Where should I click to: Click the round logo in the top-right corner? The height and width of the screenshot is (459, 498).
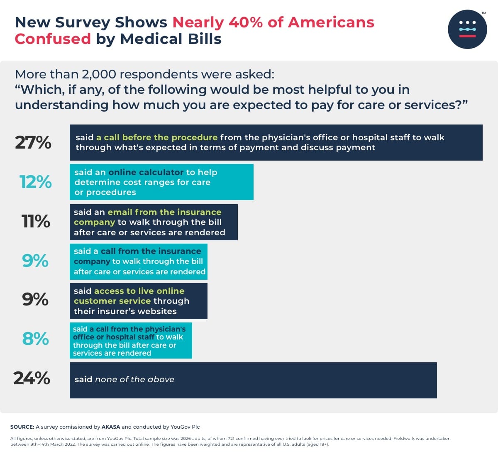(x=467, y=29)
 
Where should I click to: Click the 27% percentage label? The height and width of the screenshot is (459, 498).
(x=33, y=143)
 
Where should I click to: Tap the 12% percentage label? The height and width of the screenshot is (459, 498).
(x=36, y=182)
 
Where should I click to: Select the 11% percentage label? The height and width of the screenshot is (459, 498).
(x=36, y=222)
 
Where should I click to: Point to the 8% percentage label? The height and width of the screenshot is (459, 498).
(x=35, y=339)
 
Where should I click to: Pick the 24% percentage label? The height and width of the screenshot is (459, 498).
(x=32, y=378)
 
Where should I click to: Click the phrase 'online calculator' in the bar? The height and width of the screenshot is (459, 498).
(x=146, y=172)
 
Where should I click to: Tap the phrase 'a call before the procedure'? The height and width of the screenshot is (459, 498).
(x=157, y=137)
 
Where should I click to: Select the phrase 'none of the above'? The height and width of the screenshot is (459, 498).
(x=134, y=379)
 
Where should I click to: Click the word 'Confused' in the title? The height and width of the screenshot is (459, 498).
(x=53, y=39)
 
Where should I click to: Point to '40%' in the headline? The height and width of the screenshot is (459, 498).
(x=245, y=22)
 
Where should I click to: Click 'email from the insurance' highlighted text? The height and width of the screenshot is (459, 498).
(x=164, y=212)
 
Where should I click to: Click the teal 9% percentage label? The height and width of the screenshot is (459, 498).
(x=35, y=261)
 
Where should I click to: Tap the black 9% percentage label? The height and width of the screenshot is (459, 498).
(x=35, y=300)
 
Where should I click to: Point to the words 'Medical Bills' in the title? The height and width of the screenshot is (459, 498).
(x=171, y=39)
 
